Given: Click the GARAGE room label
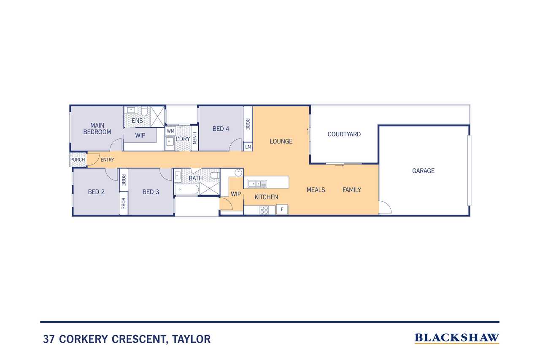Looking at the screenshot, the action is click(423, 171).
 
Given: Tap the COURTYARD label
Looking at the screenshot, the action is click(344, 134).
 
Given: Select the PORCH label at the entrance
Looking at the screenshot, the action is click(78, 160).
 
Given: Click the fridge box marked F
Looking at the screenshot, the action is click(282, 209).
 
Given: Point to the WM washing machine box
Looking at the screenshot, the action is click(170, 131).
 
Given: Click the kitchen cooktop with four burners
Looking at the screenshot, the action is click(264, 210).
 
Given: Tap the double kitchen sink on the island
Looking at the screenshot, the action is click(257, 184).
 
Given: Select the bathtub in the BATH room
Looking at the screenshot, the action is click(186, 189).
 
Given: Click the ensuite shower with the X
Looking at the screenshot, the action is click(157, 117).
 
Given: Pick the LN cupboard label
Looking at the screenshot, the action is click(248, 147).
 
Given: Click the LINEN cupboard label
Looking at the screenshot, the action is click(194, 138).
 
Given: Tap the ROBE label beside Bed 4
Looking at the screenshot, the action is click(248, 124).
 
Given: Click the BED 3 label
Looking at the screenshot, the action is click(151, 192).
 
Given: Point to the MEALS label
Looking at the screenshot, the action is click(316, 190).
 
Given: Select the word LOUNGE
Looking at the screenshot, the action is click(281, 141).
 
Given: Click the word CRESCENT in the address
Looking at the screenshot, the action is click(139, 339).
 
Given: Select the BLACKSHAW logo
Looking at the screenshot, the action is click(457, 338).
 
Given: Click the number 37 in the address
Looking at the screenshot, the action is click(49, 339).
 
